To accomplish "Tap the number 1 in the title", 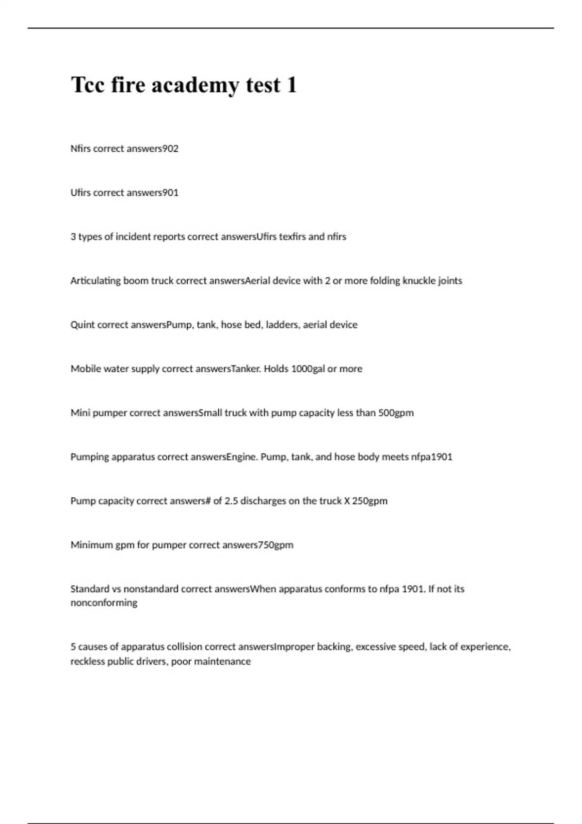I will [x=291, y=85].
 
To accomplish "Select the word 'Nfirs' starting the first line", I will [x=81, y=149].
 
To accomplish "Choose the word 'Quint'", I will [x=83, y=325].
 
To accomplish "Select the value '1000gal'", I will [x=307, y=369].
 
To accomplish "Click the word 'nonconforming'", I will [x=104, y=603].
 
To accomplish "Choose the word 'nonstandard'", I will [x=151, y=589].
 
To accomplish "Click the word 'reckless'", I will [x=87, y=662].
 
